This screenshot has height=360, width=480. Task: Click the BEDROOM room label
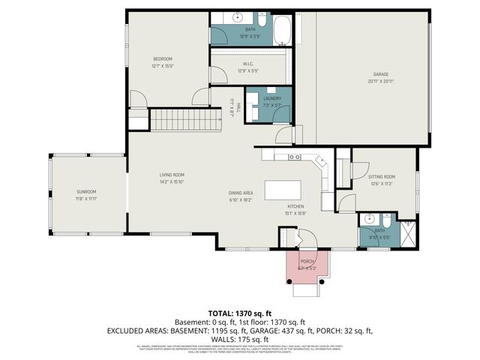tap(163, 59)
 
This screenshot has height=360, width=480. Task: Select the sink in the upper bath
tap(238, 16)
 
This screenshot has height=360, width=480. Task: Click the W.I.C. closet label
tap(247, 64)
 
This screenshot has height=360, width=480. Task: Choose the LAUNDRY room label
tap(272, 98)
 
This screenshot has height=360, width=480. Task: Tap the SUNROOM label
tap(85, 192)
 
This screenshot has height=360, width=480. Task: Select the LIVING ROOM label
tap(171, 175)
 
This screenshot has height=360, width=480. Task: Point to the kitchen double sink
tap(295, 157)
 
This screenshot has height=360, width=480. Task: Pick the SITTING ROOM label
tap(382, 177)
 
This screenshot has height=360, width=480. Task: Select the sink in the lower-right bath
tap(367, 220)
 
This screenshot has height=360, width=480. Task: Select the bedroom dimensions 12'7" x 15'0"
tap(163, 66)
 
